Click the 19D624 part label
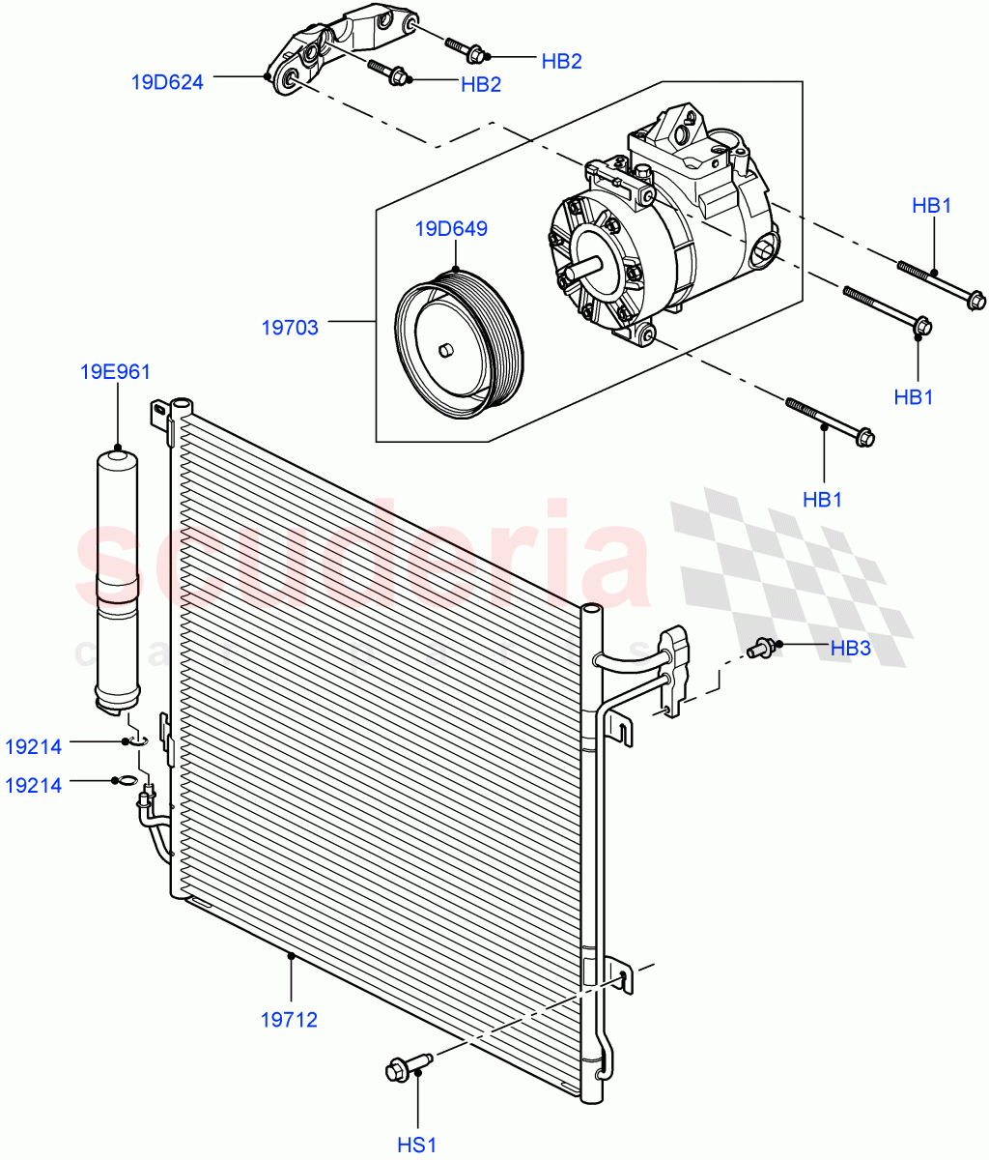167,82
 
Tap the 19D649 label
452,229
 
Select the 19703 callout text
290,328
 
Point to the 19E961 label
116,371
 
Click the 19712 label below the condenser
289,1018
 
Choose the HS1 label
417,1145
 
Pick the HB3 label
850,648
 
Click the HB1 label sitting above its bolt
932,205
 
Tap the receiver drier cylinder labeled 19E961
117,580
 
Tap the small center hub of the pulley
445,349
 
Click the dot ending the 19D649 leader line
454,268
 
